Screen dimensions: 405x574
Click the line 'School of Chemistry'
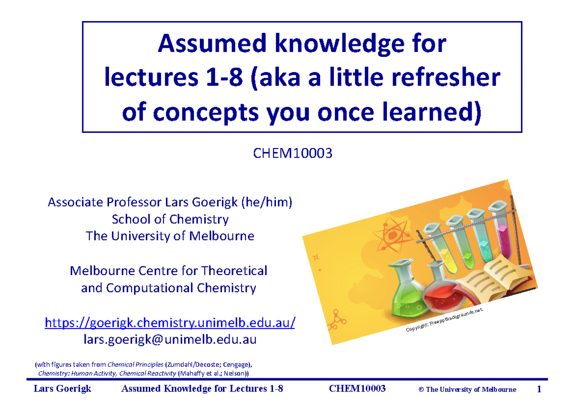(x=170, y=219)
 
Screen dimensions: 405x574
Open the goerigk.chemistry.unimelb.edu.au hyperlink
(x=170, y=323)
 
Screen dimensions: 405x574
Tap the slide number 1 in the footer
(x=539, y=389)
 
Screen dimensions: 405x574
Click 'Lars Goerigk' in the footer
(x=63, y=389)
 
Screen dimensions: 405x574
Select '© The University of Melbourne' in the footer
(x=467, y=390)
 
